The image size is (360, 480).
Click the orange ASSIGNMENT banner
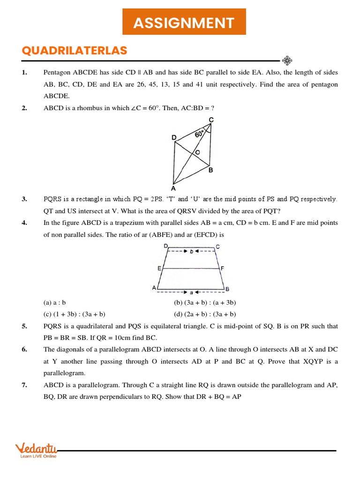(x=184, y=22)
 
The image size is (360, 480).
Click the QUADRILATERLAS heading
(x=74, y=51)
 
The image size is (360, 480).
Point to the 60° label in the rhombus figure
(x=200, y=134)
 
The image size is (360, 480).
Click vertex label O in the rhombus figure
(x=197, y=152)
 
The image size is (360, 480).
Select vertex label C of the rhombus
(x=211, y=120)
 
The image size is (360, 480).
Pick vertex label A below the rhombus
(x=173, y=188)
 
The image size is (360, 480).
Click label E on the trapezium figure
(x=160, y=268)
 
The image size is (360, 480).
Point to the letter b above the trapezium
(x=191, y=251)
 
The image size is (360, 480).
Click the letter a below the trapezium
(x=191, y=292)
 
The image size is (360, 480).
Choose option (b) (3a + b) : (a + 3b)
(x=205, y=302)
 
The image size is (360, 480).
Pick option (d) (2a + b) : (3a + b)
(x=205, y=314)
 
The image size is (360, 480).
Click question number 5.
(x=24, y=326)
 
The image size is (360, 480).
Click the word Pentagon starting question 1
(x=58, y=73)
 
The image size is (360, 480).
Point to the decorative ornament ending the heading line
(x=287, y=60)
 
